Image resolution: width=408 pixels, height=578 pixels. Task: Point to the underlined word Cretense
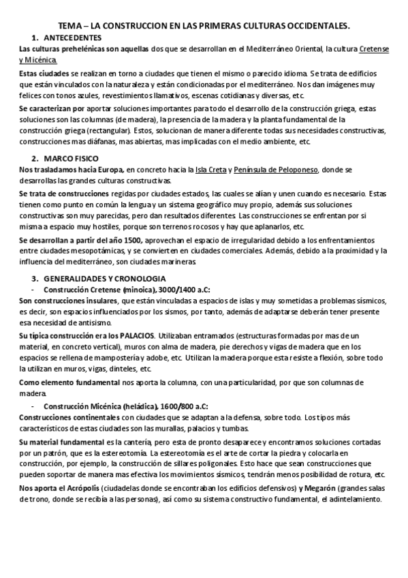pos(377,50)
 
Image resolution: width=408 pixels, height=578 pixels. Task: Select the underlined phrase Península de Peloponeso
pos(271,170)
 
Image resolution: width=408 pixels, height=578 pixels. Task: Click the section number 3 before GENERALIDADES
pos(35,279)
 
